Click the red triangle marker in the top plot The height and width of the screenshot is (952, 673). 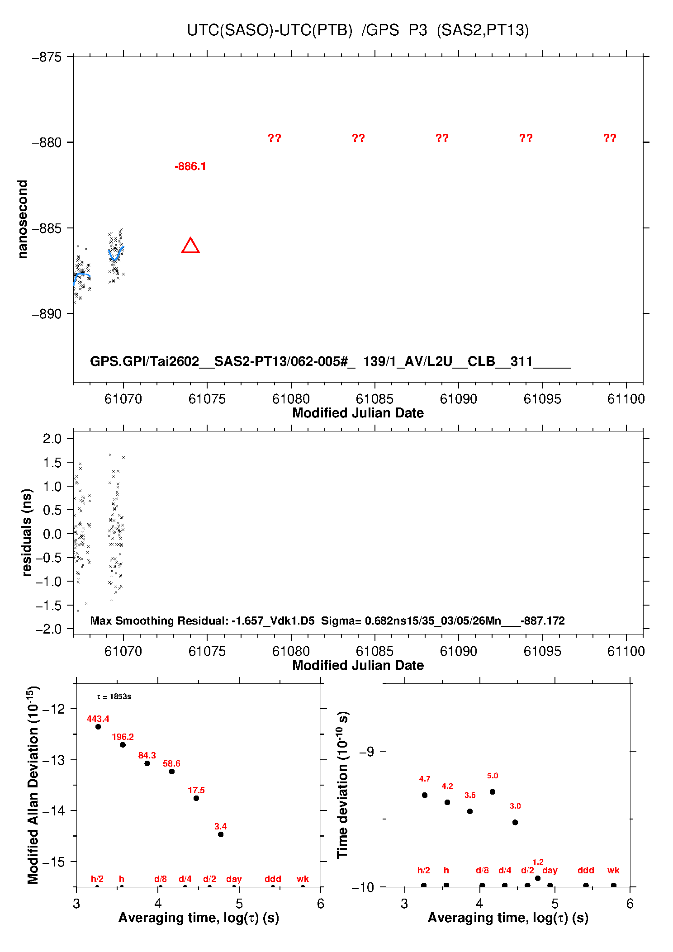pyautogui.click(x=190, y=246)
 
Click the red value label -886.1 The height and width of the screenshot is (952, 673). pyautogui.click(x=190, y=166)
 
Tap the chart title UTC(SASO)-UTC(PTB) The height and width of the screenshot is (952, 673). pyautogui.click(x=270, y=30)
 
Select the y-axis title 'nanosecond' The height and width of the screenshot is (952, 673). pyautogui.click(x=22, y=219)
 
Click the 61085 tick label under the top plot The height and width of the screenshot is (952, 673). pyautogui.click(x=374, y=399)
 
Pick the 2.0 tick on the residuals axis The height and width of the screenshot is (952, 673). pyautogui.click(x=52, y=438)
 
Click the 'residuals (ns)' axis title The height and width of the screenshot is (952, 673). pyautogui.click(x=27, y=532)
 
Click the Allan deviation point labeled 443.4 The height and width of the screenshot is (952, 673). pyautogui.click(x=98, y=727)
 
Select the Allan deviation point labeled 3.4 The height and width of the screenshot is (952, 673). pyautogui.click(x=221, y=834)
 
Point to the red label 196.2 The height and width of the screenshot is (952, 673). pyautogui.click(x=123, y=737)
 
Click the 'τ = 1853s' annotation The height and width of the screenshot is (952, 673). pyautogui.click(x=114, y=697)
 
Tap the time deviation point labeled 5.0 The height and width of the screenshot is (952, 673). pyautogui.click(x=493, y=792)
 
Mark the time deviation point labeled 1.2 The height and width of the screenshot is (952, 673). pyautogui.click(x=538, y=878)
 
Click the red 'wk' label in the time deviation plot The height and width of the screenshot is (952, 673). pyautogui.click(x=613, y=871)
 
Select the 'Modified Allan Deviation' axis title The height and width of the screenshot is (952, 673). pyautogui.click(x=33, y=785)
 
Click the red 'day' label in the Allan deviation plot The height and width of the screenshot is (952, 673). pyautogui.click(x=234, y=879)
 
